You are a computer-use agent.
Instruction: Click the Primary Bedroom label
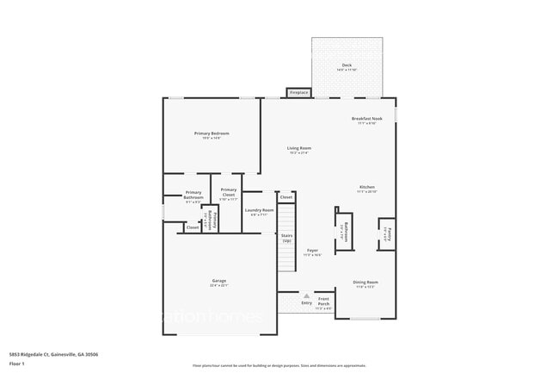[x=212, y=134]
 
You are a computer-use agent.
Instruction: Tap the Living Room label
[x=299, y=148]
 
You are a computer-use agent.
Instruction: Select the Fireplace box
[x=298, y=92]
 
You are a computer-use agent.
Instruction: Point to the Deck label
[x=347, y=65]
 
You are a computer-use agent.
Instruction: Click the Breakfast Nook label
[x=367, y=119]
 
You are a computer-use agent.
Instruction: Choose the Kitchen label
[x=367, y=187]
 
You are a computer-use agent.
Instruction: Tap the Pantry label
[x=387, y=233]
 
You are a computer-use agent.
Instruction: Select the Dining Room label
[x=366, y=283]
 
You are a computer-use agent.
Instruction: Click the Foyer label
[x=312, y=251]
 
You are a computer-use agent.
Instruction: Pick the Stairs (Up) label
[x=286, y=239]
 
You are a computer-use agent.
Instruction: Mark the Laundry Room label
[x=259, y=210]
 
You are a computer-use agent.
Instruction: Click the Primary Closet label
[x=229, y=192]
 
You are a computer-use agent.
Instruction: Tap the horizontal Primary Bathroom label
[x=193, y=195]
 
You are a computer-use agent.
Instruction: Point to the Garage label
[x=219, y=282]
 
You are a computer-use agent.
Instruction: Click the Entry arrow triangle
[x=305, y=295]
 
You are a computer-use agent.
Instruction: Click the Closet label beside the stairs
[x=286, y=197]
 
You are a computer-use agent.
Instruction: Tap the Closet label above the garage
[x=193, y=227]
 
